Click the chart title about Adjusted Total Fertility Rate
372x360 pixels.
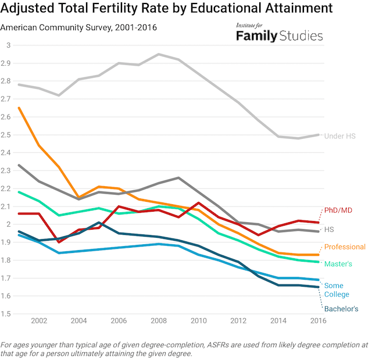(167, 9)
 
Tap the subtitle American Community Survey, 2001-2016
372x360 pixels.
(78, 27)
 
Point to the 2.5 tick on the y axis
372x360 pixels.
(8, 135)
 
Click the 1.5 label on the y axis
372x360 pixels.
(8, 314)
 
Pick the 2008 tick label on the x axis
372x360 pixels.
(159, 321)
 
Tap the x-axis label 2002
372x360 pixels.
(39, 321)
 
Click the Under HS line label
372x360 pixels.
(340, 136)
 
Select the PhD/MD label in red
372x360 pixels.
(338, 210)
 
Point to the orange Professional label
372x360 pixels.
(345, 247)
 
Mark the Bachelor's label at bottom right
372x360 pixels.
(341, 309)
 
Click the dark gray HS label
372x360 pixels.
(330, 230)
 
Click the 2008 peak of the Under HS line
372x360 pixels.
(159, 54)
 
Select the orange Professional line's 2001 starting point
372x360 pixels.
(19, 108)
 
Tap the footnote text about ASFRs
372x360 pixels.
(185, 348)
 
